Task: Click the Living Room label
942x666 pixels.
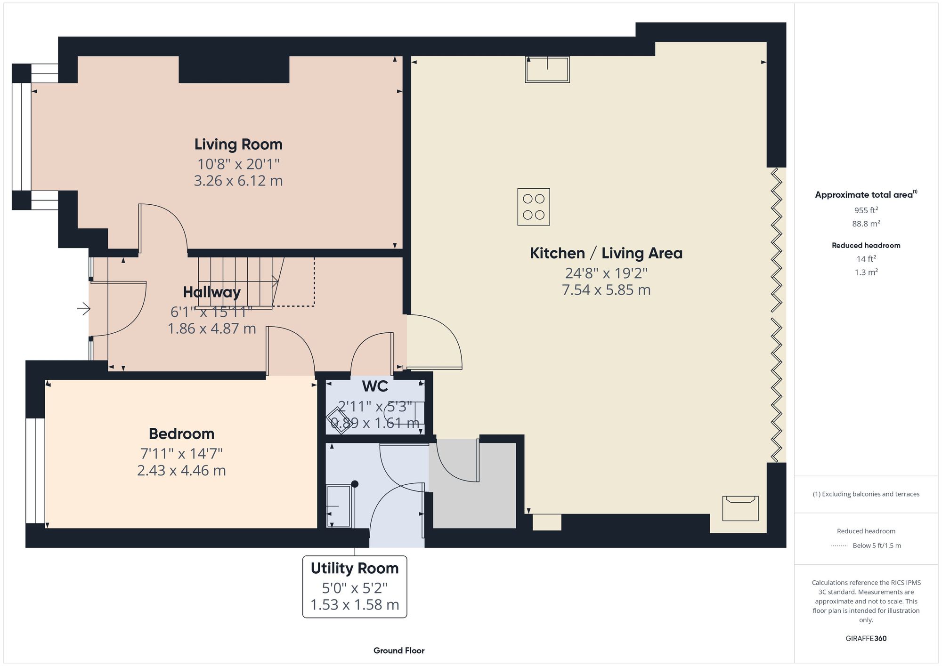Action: coord(238,144)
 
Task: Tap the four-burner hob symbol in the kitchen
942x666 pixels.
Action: coord(533,207)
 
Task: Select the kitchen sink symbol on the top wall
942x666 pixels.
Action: coord(547,69)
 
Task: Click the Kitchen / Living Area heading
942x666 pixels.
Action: coord(606,253)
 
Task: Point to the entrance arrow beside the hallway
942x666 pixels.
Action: coord(84,309)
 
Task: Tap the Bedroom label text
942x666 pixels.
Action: coord(181,433)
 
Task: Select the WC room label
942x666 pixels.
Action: coord(375,386)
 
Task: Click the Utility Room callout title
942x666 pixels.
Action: coord(354,569)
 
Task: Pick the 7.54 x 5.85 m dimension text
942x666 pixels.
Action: coord(606,290)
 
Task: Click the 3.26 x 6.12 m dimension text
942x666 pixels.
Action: coord(238,181)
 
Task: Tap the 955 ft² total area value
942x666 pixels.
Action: coord(866,210)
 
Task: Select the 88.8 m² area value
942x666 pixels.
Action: coord(866,224)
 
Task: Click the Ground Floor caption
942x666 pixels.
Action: coord(399,650)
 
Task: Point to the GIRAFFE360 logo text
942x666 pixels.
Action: coord(866,639)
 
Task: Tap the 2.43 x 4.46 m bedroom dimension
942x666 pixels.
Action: coord(181,470)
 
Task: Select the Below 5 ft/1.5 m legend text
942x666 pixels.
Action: coord(877,546)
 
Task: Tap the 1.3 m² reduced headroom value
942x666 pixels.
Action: coord(866,273)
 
